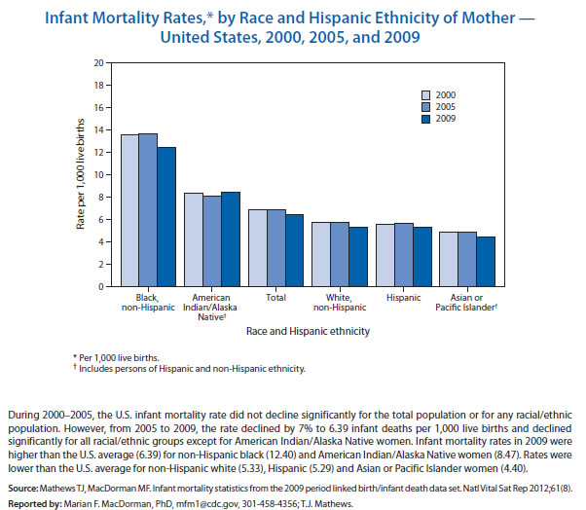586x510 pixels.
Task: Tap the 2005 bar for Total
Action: pyautogui.click(x=275, y=248)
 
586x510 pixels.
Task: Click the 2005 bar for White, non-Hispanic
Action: pyautogui.click(x=339, y=254)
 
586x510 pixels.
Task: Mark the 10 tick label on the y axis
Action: pyautogui.click(x=97, y=174)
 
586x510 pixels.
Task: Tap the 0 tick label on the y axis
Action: pyautogui.click(x=100, y=287)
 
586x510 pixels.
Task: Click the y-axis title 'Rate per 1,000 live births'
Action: pyautogui.click(x=81, y=175)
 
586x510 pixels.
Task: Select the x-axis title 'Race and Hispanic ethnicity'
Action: pyautogui.click(x=308, y=332)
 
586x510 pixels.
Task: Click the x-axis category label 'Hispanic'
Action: pyautogui.click(x=402, y=295)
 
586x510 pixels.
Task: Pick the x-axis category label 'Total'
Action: pyautogui.click(x=275, y=295)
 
